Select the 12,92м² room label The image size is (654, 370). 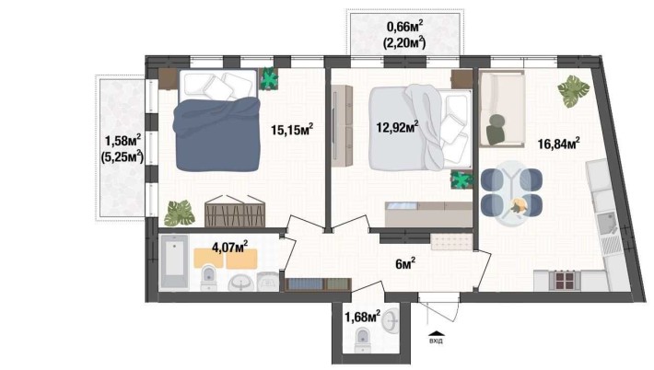(x=400, y=126)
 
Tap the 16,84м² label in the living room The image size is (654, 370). (x=558, y=144)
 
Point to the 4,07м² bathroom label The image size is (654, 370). (x=230, y=247)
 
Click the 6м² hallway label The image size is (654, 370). (x=404, y=265)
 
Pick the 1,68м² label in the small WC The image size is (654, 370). (x=362, y=318)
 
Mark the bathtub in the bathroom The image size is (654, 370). (x=174, y=263)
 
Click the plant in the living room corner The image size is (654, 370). (x=573, y=90)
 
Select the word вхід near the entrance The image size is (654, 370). (x=436, y=339)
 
